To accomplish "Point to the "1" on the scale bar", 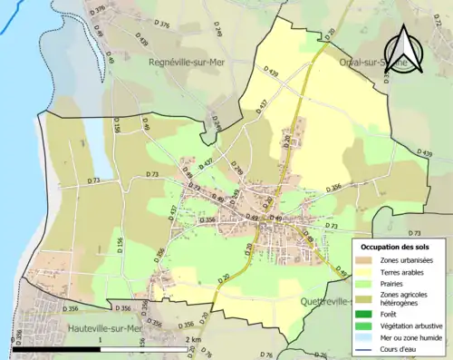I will click(99, 339).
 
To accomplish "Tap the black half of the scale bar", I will click(56, 349).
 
